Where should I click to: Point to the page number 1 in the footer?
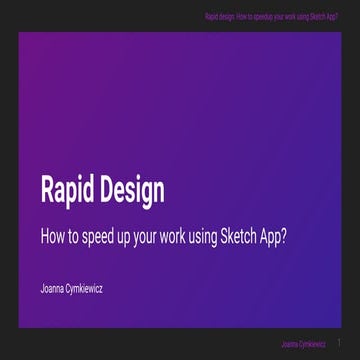[340, 342]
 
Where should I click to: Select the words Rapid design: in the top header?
[222, 17]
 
